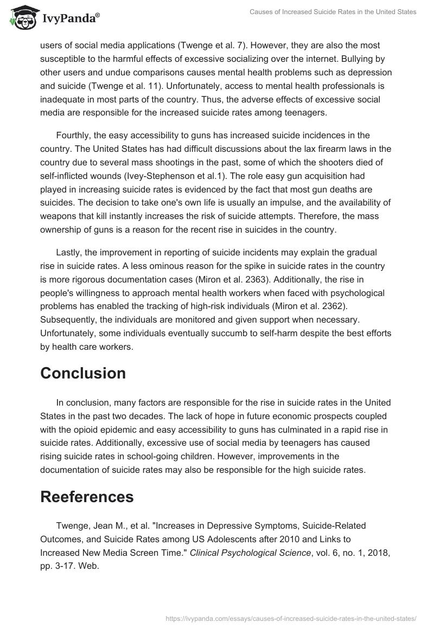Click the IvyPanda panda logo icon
tap(21, 17)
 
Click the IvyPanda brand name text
tap(71, 20)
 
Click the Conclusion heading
tap(83, 373)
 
